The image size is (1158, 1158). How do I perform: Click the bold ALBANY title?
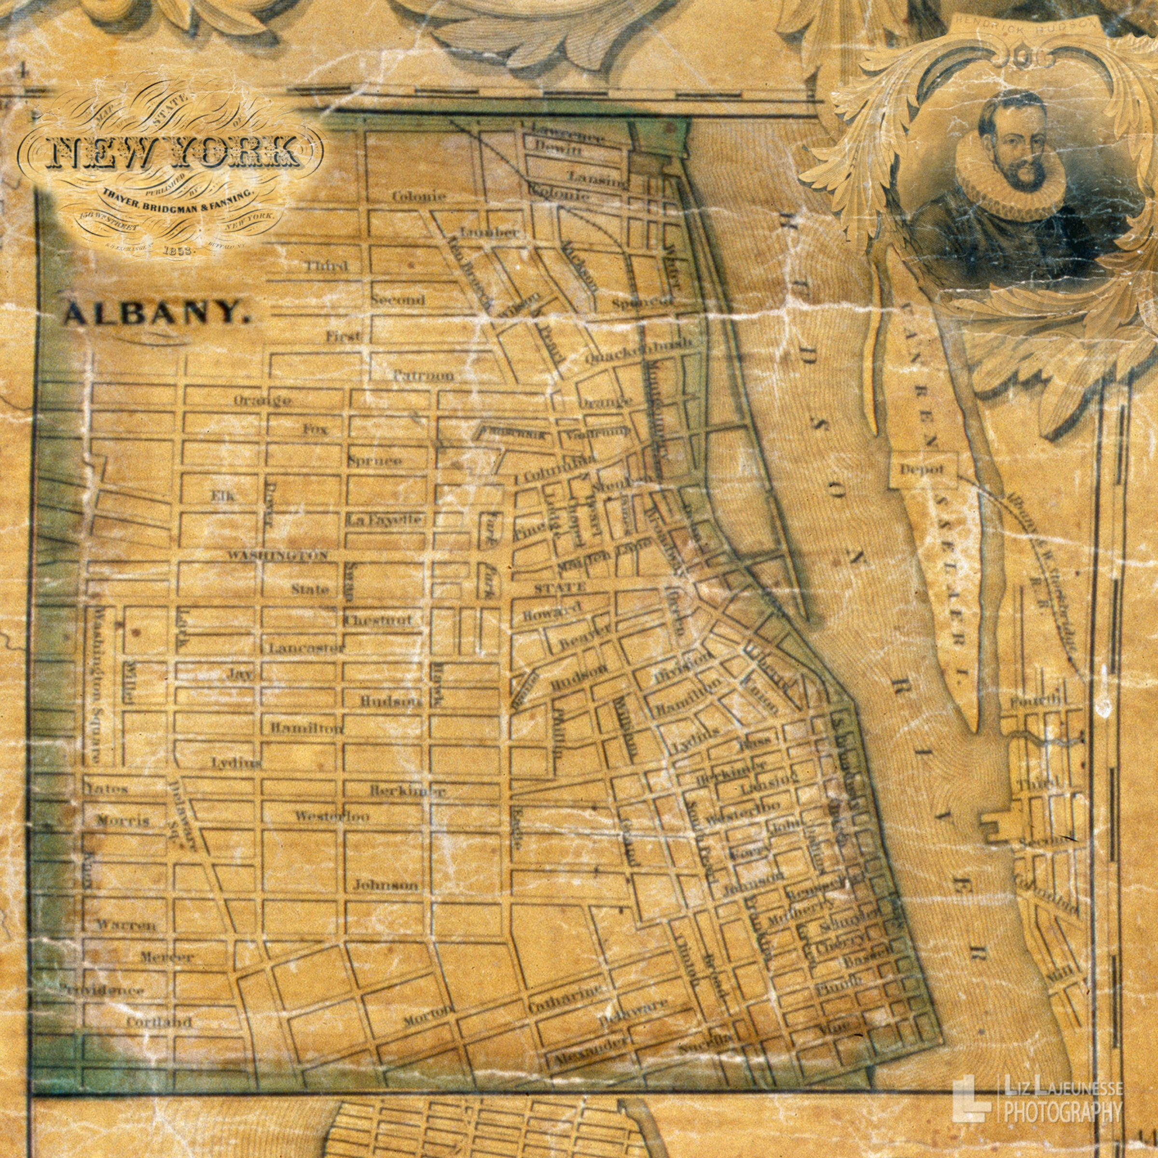(x=156, y=314)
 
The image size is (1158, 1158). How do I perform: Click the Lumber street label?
(x=489, y=233)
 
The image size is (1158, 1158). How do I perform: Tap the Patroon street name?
(x=423, y=376)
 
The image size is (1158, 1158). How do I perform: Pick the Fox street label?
(x=315, y=429)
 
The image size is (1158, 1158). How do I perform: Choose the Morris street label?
(x=123, y=821)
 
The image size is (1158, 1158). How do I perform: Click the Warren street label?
(x=126, y=925)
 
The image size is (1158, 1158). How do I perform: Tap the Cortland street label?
(x=159, y=1022)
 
